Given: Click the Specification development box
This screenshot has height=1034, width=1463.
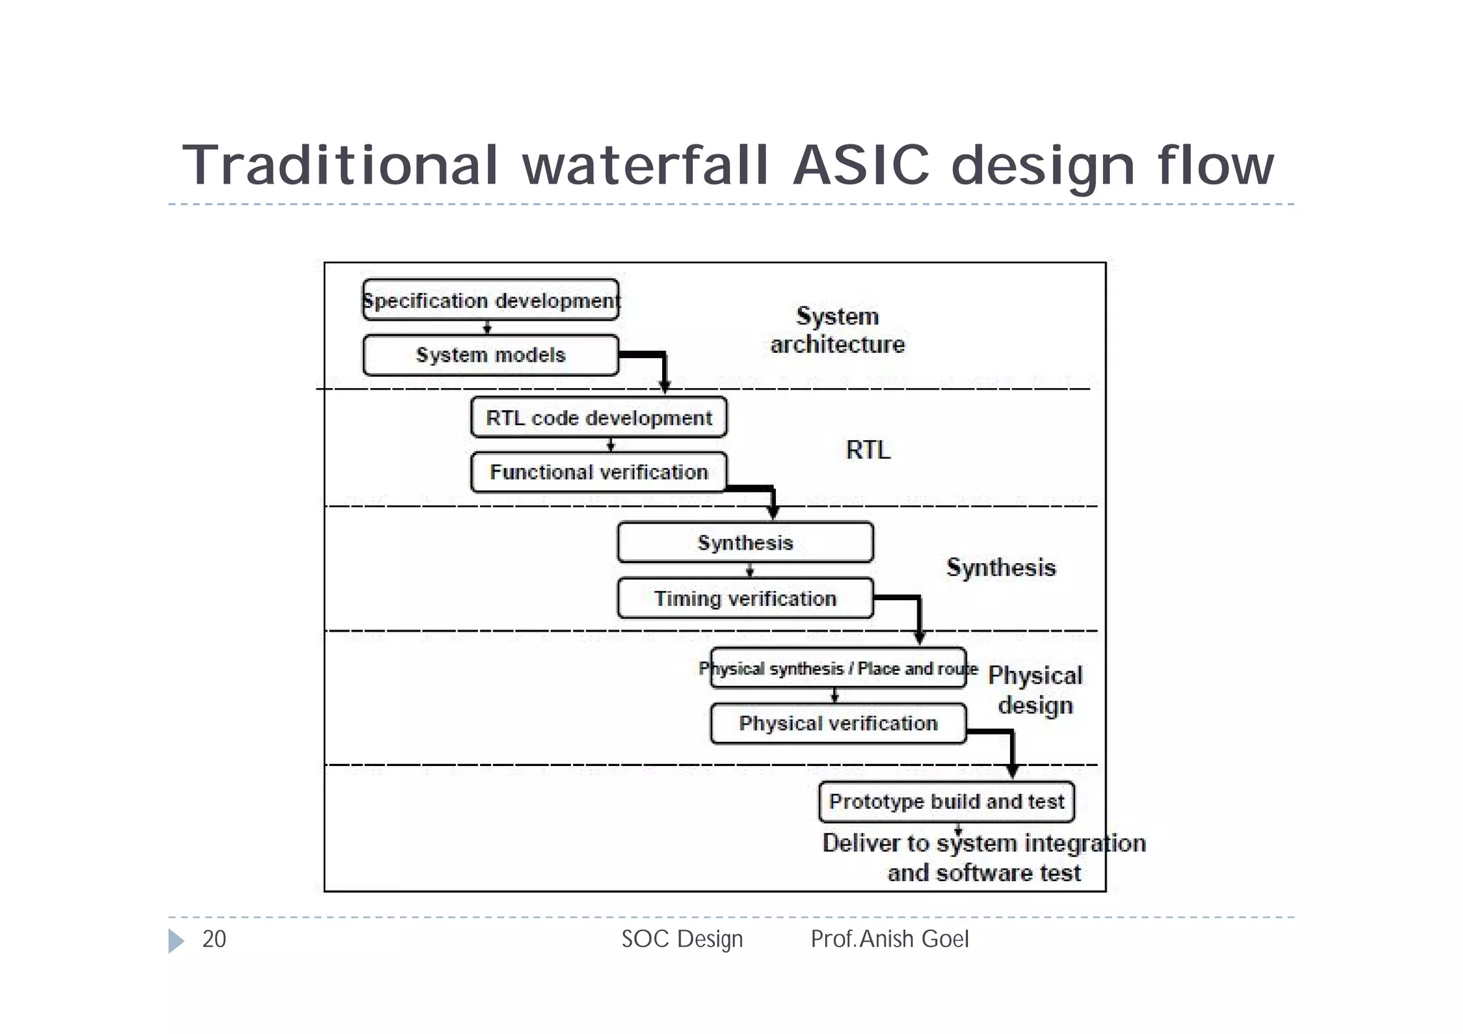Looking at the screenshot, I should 491,300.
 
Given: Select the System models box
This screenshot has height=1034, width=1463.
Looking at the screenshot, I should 491,355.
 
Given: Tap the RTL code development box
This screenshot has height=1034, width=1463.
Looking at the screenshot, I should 599,417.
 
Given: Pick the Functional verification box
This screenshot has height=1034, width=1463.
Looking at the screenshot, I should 599,472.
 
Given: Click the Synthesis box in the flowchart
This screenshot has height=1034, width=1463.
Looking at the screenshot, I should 745,542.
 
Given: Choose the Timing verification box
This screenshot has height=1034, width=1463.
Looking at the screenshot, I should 745,598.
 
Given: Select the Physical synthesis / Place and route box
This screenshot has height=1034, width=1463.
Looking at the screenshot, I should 838,668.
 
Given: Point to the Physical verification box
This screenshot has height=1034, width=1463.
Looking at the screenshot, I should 838,723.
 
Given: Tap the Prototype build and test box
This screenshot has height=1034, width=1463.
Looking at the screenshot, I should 947,802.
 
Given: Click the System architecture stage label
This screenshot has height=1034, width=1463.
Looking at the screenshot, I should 837,330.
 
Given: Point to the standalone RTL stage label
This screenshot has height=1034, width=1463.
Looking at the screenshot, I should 868,450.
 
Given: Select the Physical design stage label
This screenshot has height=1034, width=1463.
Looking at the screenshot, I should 1035,690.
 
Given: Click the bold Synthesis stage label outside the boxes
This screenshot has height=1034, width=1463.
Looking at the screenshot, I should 1001,567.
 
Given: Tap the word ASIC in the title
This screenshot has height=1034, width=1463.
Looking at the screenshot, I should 861,166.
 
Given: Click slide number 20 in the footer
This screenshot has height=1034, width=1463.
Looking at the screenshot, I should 214,939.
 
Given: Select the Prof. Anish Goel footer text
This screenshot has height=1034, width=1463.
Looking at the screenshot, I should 889,939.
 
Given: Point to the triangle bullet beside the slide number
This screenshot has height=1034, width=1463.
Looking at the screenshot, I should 176,940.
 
